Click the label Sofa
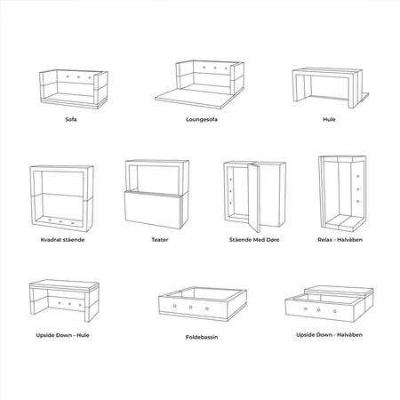point(71,119)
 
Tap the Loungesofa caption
point(202,119)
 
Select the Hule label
point(329,119)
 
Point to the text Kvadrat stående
point(62,240)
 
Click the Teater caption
point(160,240)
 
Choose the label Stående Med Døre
point(254,240)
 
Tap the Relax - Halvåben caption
point(340,240)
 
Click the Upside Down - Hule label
point(62,335)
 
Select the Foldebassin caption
point(202,337)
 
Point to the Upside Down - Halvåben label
point(329,335)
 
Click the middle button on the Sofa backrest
point(79,77)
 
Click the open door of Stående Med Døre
point(253,197)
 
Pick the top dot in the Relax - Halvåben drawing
point(358,176)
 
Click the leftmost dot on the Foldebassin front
point(175,306)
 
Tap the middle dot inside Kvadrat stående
point(60,221)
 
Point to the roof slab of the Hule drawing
point(327,72)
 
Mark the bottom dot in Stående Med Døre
point(231,203)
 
